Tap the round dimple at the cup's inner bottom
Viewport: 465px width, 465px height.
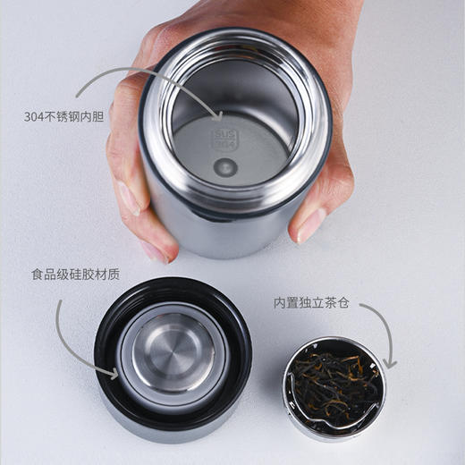(x=225, y=166)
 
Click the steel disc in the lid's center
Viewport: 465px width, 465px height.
(x=173, y=352)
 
